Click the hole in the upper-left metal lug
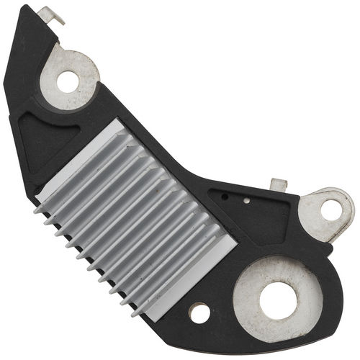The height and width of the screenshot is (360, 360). pos(68,81)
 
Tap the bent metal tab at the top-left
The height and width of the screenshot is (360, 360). pos(50,14)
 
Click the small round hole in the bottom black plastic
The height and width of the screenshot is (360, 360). pos(199,312)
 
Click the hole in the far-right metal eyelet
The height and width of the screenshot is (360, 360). pos(331,211)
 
